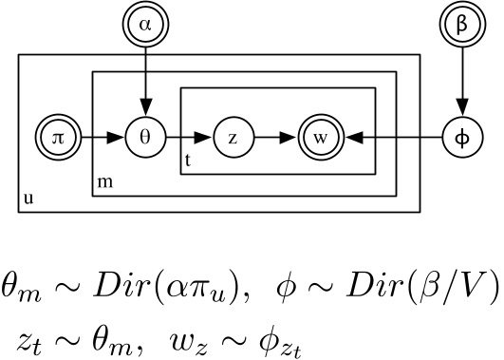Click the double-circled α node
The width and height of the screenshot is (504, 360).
coord(144,26)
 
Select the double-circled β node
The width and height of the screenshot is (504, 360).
coord(462,26)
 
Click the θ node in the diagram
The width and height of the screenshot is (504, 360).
coord(144,138)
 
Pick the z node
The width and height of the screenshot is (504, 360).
coord(233,138)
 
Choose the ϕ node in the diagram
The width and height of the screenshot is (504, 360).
coord(462,138)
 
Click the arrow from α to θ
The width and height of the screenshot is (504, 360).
coord(144,81)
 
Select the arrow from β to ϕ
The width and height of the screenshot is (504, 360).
coord(462,81)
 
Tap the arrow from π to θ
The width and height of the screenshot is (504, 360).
coord(99,138)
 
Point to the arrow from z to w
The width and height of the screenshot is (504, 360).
coord(276,138)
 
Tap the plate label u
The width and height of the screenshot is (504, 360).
coord(25,200)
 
